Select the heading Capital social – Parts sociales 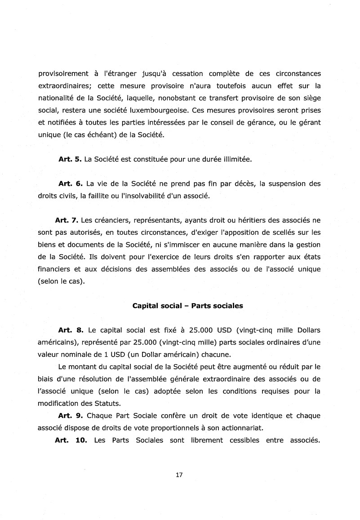[187, 306]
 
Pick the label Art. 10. [71, 440]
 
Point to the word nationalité [58, 98]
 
